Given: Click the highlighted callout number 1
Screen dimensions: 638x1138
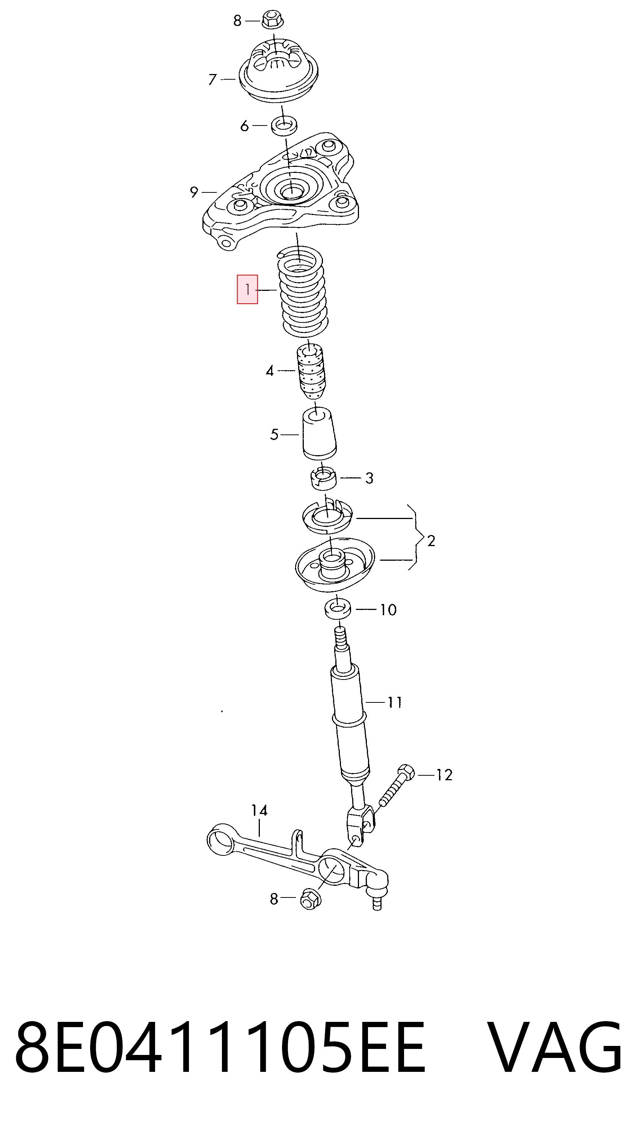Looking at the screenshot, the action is point(247,289).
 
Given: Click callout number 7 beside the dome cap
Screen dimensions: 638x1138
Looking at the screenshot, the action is point(213,80).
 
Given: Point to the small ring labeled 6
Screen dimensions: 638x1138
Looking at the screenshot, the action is point(284,126).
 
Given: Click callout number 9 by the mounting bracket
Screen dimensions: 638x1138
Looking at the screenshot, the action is point(194,192).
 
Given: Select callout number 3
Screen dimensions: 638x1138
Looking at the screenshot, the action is point(369,478).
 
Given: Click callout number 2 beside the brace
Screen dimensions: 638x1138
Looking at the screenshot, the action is point(431,540).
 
